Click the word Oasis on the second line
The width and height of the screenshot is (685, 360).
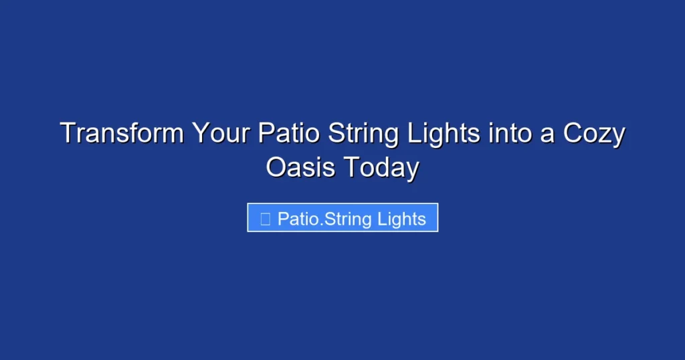coord(301,167)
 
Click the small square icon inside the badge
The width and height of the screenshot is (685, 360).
coord(265,219)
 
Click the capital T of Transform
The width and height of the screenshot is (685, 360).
coord(67,134)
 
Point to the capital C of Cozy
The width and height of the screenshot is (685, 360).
coord(573,134)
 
